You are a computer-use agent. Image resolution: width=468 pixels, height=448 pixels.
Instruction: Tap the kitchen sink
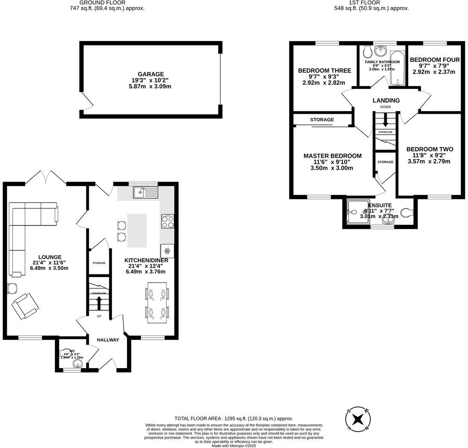[x=145, y=192]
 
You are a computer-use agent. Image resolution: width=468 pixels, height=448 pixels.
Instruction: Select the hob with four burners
[x=167, y=221]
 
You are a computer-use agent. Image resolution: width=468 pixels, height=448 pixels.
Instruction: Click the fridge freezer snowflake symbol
[x=167, y=251]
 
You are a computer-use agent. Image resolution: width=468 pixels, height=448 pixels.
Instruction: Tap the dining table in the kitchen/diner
[x=157, y=303]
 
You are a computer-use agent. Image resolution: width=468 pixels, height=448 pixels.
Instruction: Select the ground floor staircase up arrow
[x=99, y=303]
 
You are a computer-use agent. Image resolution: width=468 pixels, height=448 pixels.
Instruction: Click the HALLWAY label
[x=108, y=340]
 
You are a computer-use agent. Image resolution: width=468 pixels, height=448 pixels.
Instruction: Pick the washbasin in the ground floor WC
[x=77, y=364]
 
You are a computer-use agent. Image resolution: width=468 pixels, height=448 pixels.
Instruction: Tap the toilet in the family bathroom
[x=366, y=53]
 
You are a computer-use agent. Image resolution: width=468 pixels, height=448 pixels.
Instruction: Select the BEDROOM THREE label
[x=325, y=71]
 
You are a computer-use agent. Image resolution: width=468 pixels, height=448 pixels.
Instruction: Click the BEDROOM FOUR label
[x=435, y=60]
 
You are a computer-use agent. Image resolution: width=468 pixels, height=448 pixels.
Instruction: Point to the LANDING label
[x=386, y=100]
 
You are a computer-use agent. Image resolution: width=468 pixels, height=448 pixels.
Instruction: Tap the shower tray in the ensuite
[x=355, y=211]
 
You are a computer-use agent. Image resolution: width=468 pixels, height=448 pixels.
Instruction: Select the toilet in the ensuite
[x=407, y=212]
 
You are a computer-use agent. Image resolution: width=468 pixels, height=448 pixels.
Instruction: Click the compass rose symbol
[x=358, y=419]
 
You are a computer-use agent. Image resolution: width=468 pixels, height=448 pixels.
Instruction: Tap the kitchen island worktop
[x=137, y=230]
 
